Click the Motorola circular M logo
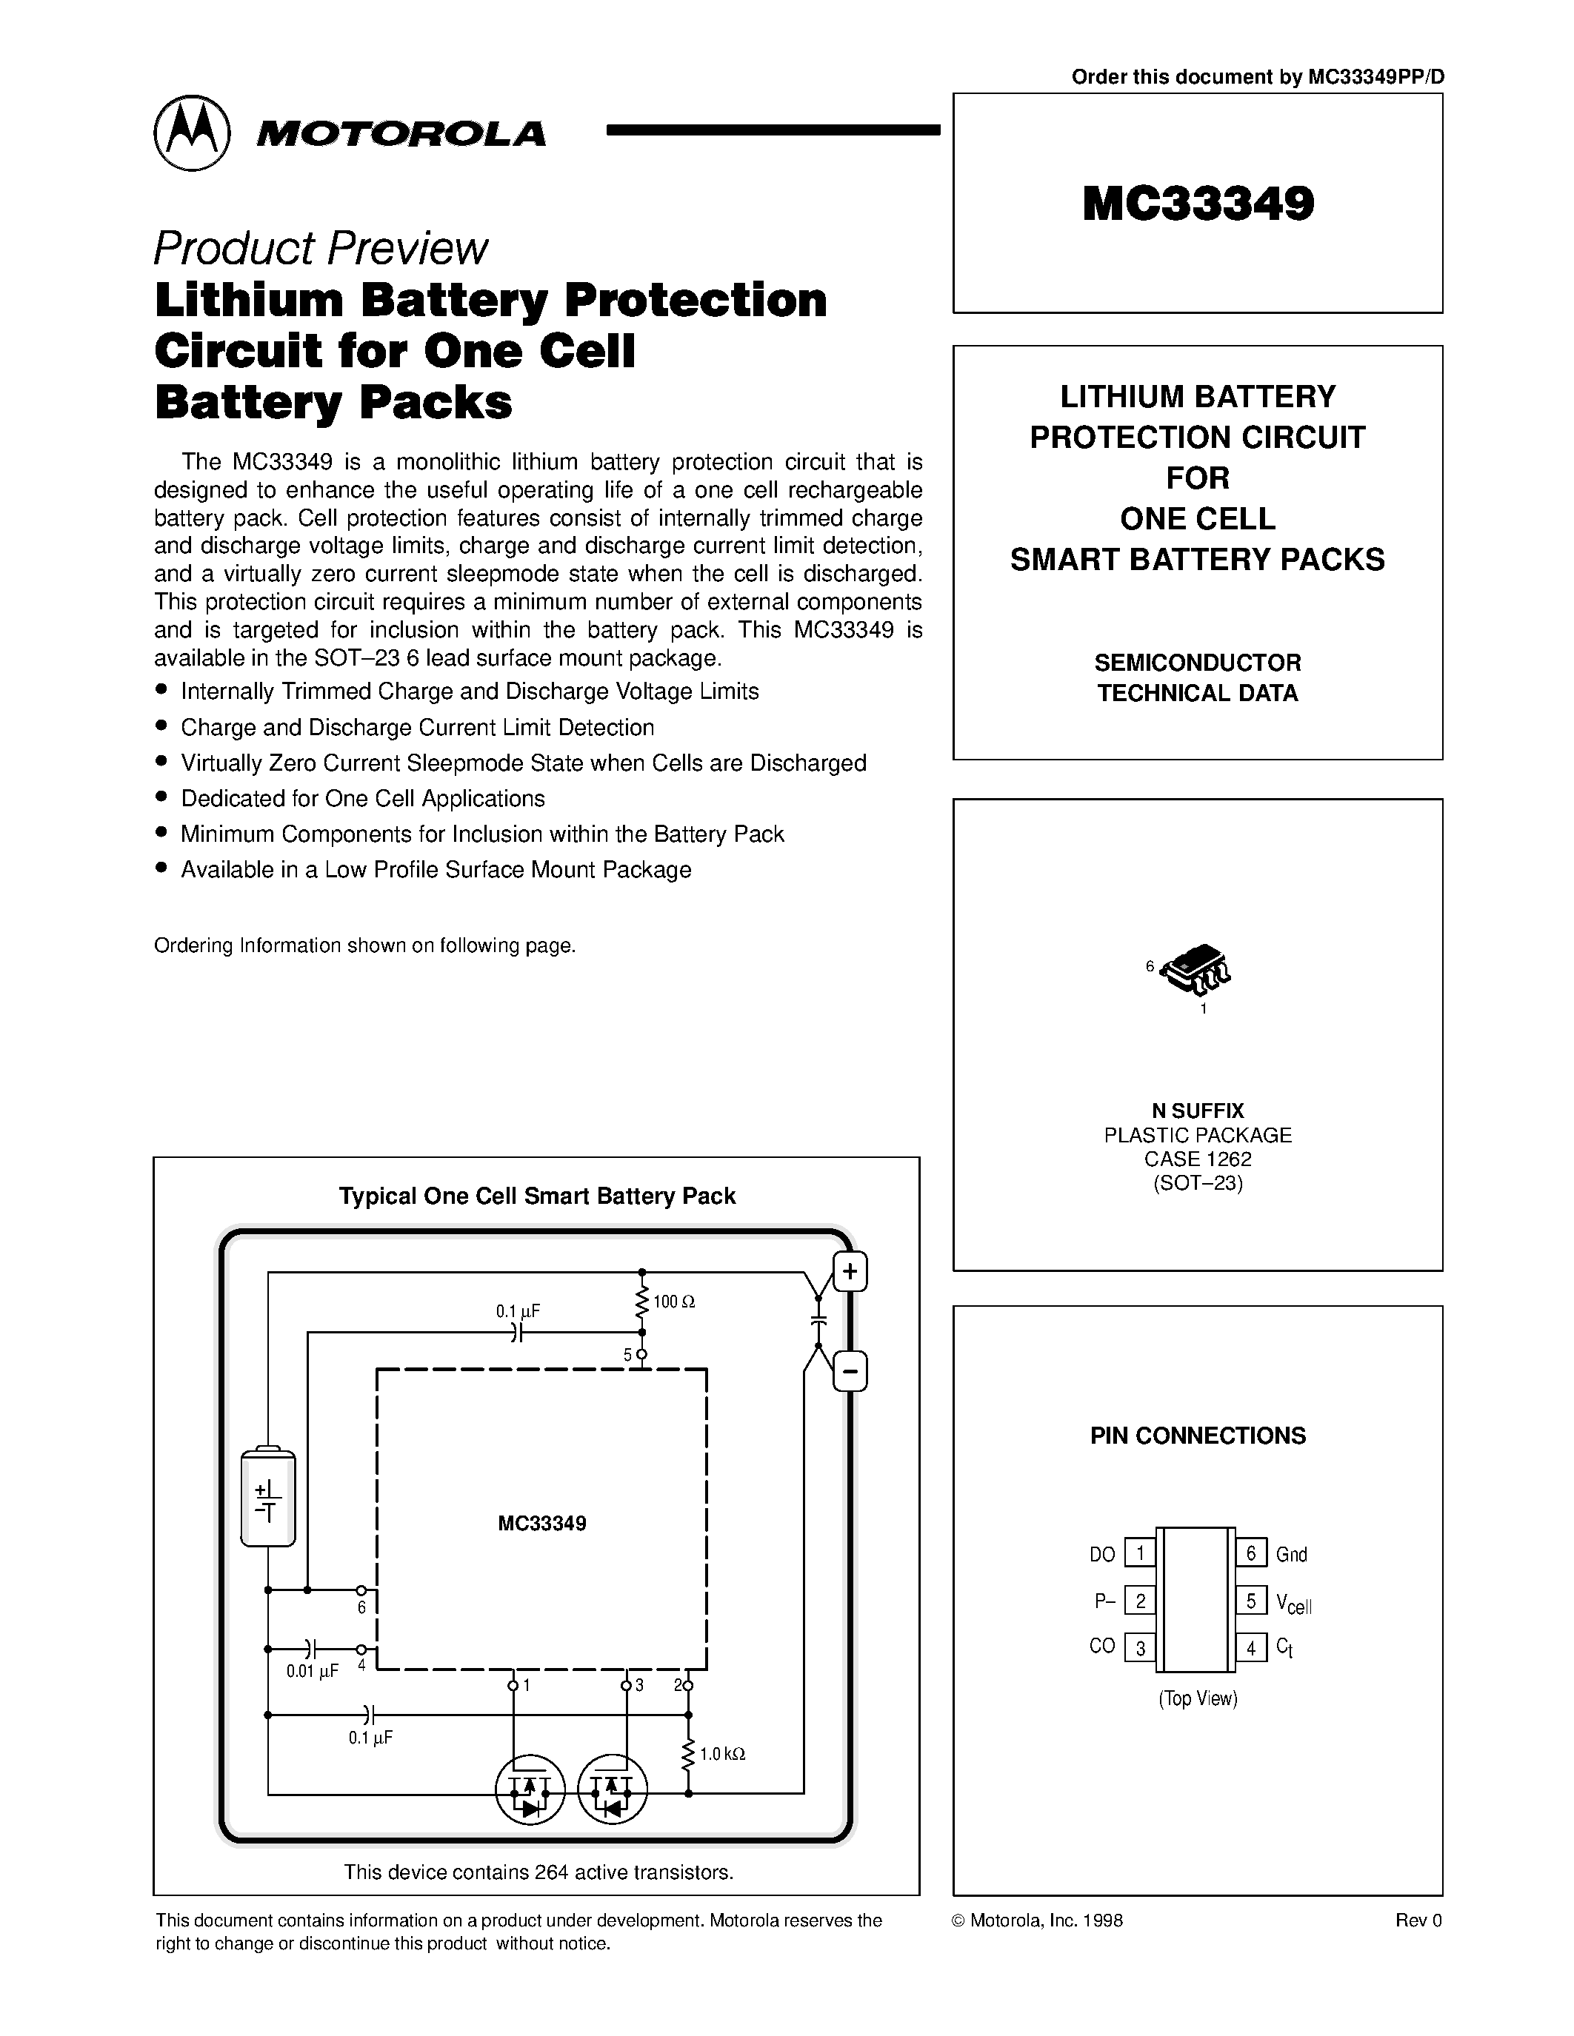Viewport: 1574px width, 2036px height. [x=191, y=133]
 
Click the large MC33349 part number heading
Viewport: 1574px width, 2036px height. [x=1198, y=203]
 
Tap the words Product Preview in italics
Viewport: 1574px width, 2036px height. [x=320, y=248]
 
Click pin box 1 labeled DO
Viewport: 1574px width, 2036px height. [x=1139, y=1553]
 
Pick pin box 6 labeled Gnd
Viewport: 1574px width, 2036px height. [x=1251, y=1553]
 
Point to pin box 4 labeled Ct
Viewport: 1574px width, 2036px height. [x=1251, y=1647]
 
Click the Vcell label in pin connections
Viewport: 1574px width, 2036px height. [x=1293, y=1604]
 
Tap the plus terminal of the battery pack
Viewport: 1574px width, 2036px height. [x=850, y=1271]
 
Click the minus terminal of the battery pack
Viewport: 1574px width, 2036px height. [x=850, y=1371]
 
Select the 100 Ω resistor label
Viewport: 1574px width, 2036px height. [x=674, y=1302]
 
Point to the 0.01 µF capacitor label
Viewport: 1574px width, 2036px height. [x=313, y=1672]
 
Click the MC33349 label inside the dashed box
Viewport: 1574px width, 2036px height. [x=541, y=1523]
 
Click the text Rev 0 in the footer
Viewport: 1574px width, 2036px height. [x=1418, y=1921]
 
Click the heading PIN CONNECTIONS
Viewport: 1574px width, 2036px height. [x=1198, y=1436]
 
